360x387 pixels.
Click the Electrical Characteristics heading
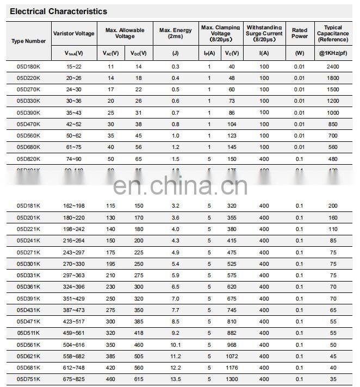point(59,11)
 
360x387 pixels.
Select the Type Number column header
point(29,41)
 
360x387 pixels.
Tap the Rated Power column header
point(299,33)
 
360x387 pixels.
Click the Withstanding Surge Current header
point(264,33)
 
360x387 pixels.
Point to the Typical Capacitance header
point(333,33)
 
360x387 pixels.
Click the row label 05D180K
point(28,66)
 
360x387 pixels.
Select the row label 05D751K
point(28,379)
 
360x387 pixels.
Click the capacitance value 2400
point(333,66)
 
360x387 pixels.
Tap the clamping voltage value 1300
point(232,379)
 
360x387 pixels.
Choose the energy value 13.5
point(175,379)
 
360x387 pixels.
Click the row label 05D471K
point(28,321)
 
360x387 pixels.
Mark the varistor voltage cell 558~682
point(75,356)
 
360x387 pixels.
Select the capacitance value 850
point(333,124)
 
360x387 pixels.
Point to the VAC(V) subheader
point(111,53)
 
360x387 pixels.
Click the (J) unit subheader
point(175,53)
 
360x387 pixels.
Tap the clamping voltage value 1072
point(232,356)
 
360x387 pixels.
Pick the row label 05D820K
point(28,159)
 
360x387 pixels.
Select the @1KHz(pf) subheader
point(333,53)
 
